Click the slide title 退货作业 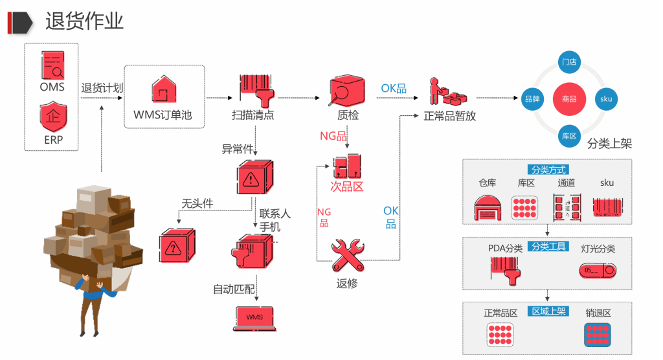tap(84, 21)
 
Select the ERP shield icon tap(52, 118)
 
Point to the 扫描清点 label tap(253, 116)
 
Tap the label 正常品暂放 tap(449, 117)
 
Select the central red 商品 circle tap(569, 99)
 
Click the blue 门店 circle tap(569, 62)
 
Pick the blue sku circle tap(606, 99)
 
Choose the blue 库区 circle tap(569, 136)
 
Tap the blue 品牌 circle tap(532, 99)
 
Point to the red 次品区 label tap(347, 187)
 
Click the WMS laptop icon tap(254, 318)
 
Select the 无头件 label tap(197, 203)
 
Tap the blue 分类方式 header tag tap(548, 170)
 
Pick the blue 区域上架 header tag tap(548, 311)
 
